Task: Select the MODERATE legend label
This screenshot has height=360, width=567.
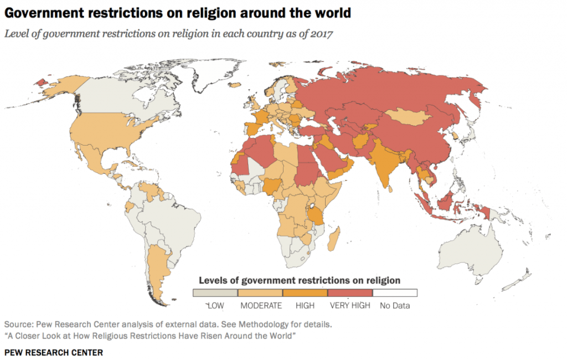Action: tap(261, 305)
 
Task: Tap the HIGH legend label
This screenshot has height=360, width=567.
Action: tap(305, 305)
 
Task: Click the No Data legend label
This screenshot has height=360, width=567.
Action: tap(394, 305)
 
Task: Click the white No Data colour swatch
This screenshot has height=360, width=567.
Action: tap(395, 292)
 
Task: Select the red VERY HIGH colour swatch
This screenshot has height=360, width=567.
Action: tap(349, 292)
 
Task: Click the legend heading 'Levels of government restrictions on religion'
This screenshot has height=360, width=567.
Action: tap(299, 280)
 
